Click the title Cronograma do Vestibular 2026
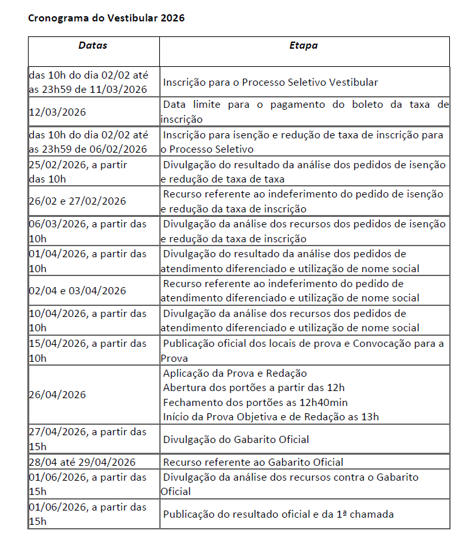click(x=106, y=18)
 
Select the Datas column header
click(x=93, y=46)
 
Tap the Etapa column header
click(x=304, y=46)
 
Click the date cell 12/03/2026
click(x=58, y=112)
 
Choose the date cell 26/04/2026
click(x=58, y=395)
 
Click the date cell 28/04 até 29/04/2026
click(x=83, y=462)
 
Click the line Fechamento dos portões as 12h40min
click(x=256, y=402)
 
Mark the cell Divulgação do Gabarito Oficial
click(x=236, y=440)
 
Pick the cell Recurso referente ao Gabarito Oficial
click(x=253, y=462)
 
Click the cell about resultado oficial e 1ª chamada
click(x=278, y=514)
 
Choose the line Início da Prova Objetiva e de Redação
click(x=270, y=416)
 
